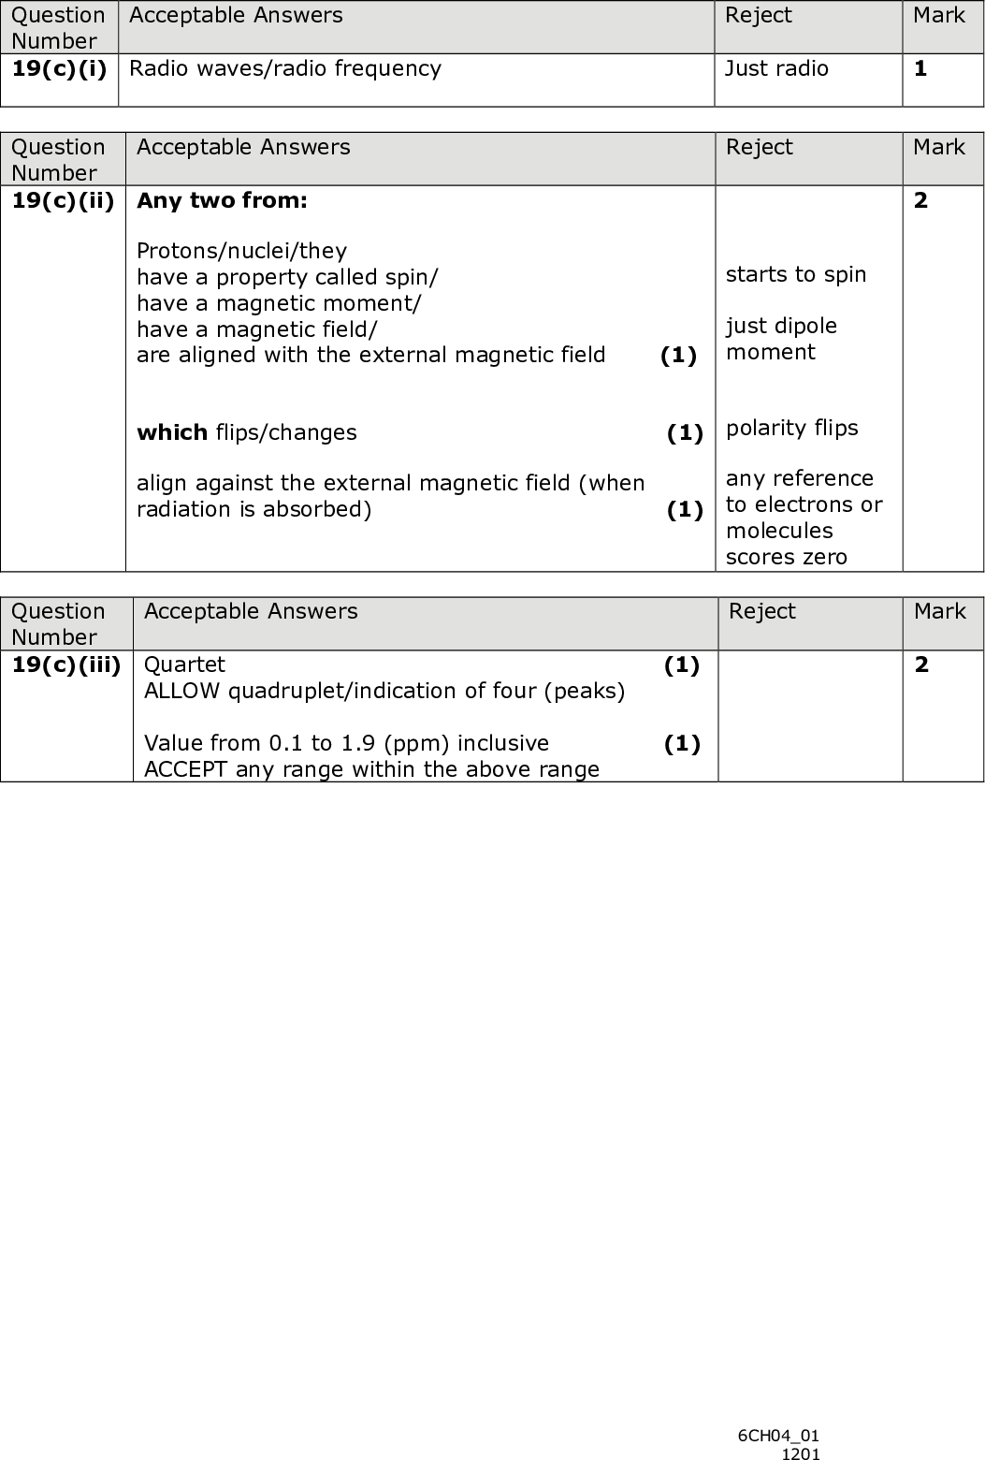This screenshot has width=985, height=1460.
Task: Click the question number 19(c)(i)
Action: point(59,68)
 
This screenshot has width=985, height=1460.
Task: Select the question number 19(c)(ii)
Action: point(63,200)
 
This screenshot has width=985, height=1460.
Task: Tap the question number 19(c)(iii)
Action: point(66,664)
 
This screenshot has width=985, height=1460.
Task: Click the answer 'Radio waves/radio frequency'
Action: point(284,68)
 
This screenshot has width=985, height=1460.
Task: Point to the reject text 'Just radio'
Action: point(776,68)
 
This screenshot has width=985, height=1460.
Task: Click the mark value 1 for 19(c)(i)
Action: point(920,68)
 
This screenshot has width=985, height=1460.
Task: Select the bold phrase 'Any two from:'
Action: point(222,200)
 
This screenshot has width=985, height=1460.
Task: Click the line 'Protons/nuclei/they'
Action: point(241,251)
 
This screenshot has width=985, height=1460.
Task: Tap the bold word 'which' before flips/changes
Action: point(172,432)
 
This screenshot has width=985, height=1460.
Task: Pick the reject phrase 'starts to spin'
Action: point(796,274)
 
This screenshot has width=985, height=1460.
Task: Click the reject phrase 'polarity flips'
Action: point(792,428)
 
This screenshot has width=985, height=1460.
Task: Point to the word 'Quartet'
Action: point(184,664)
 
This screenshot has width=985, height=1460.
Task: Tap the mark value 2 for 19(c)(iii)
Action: point(921,664)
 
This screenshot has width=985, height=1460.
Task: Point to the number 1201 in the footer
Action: point(801,1453)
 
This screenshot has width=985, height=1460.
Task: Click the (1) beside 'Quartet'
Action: point(681,664)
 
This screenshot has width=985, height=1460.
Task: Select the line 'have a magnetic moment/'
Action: point(279,303)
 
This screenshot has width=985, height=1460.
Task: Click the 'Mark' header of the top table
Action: point(938,16)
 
